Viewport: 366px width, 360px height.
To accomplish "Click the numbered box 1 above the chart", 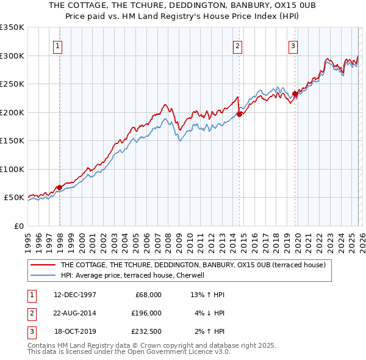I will [57, 45].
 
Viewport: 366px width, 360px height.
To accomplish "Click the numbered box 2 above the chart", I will [237, 45].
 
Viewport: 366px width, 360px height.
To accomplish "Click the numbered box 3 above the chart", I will [293, 45].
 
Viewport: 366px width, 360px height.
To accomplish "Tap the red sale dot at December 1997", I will [59, 187].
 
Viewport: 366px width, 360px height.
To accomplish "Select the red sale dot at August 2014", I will [240, 113].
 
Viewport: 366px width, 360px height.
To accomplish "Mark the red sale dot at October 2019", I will [295, 93].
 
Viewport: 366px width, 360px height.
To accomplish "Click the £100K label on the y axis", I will [12, 169].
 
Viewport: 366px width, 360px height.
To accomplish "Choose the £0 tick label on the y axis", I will [18, 226].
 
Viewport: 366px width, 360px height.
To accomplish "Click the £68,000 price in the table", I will [146, 294].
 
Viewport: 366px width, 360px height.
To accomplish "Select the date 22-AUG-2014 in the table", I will [75, 312].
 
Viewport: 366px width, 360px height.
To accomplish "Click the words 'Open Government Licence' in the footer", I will [167, 351].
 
